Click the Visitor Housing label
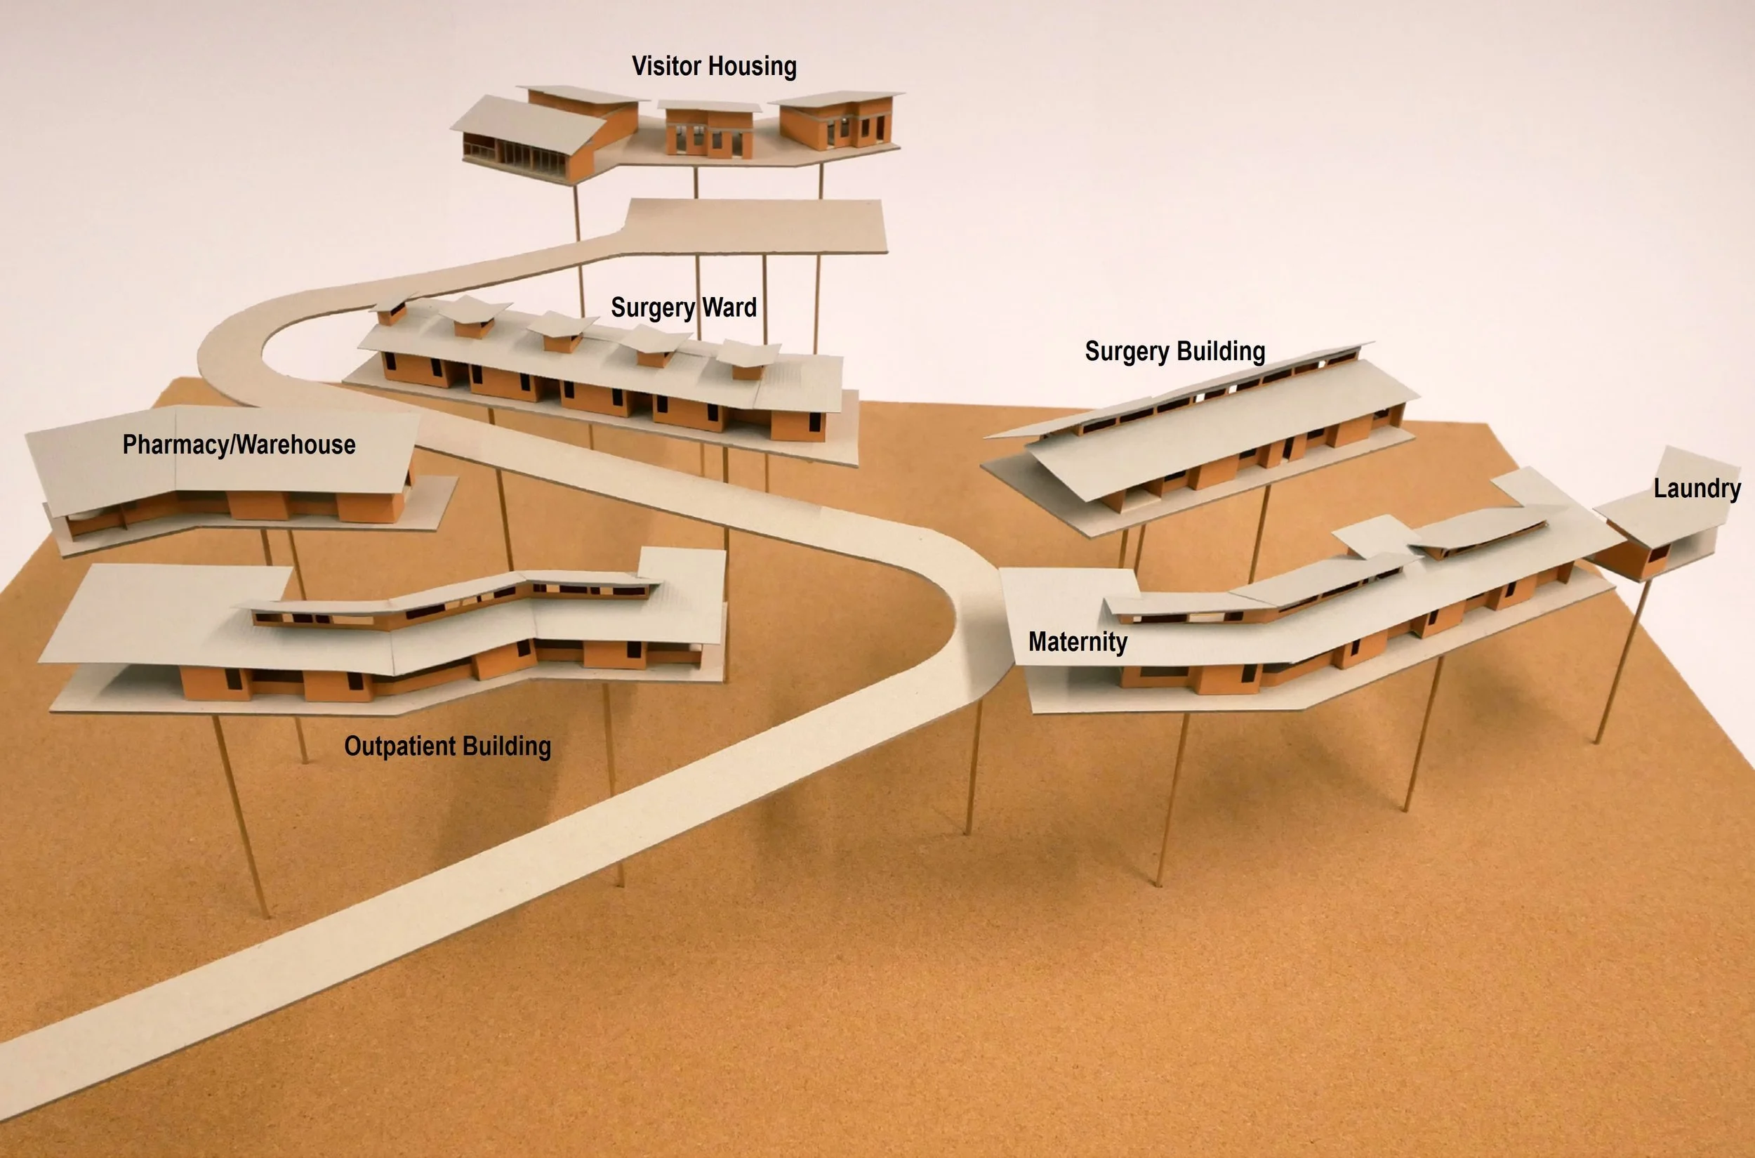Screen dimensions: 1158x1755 point(714,67)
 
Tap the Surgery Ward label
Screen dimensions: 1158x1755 point(684,307)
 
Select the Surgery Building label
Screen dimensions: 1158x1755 point(1174,352)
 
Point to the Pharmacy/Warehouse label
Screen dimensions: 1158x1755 point(239,445)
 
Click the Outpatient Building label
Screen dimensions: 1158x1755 point(447,746)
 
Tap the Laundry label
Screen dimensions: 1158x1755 point(1697,488)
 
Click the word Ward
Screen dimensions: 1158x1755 point(729,307)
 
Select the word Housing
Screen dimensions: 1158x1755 point(753,67)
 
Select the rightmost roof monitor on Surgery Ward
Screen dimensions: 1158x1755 point(748,358)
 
